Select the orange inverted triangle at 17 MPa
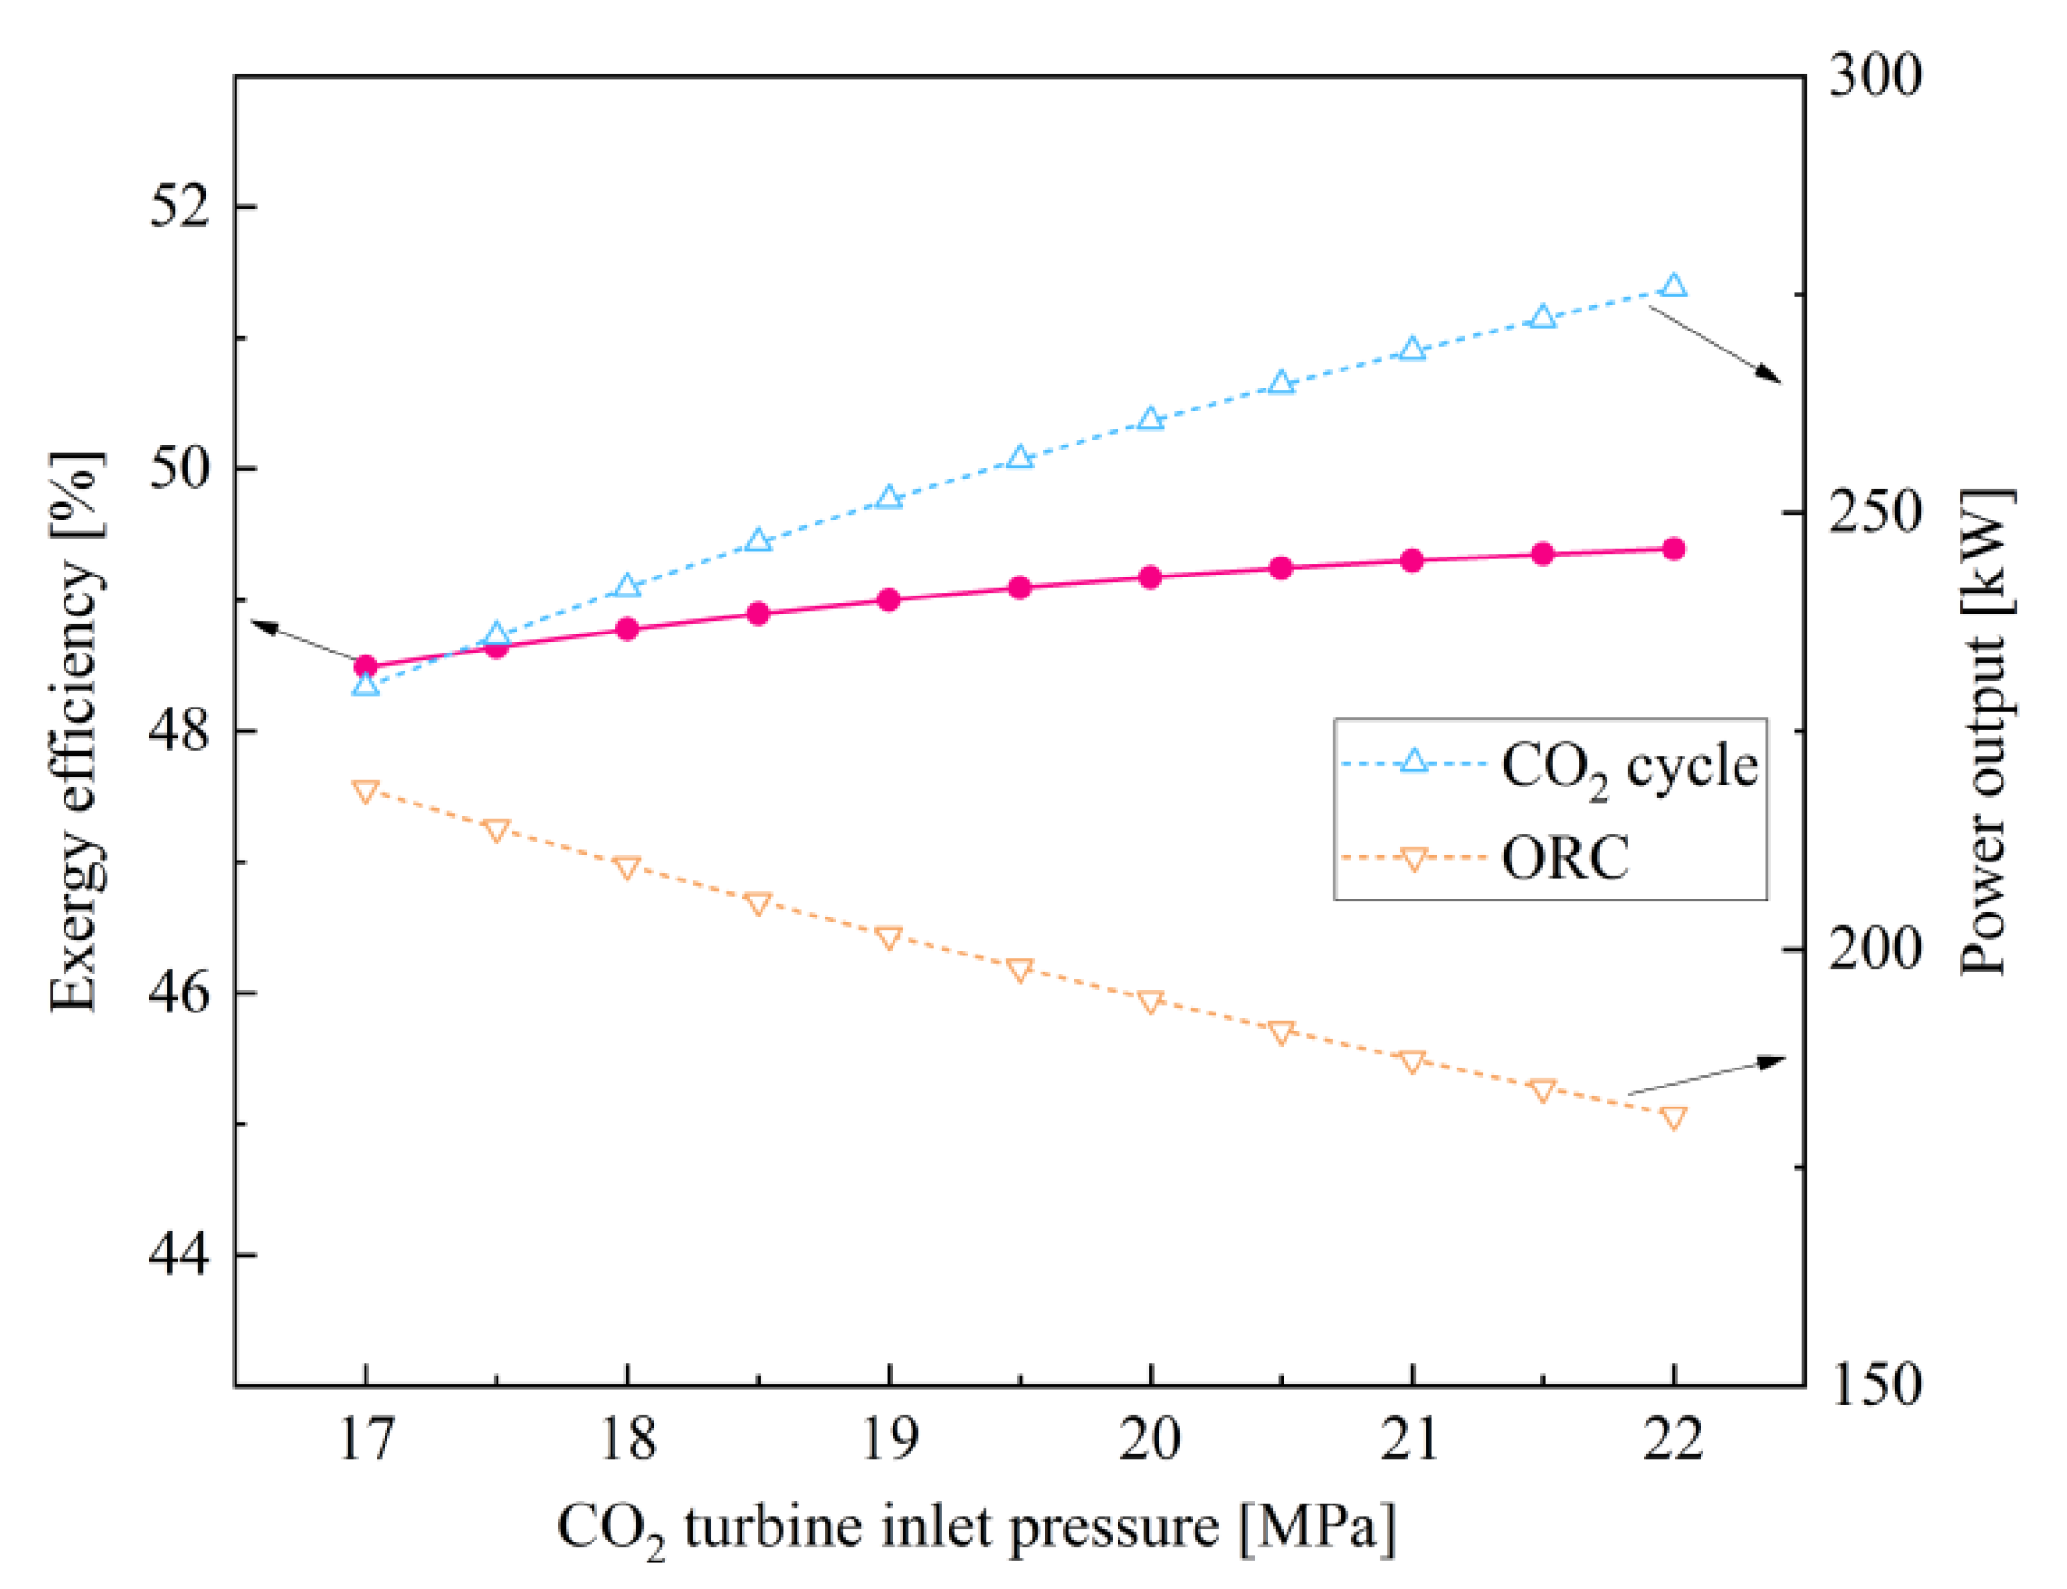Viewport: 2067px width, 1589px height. [366, 790]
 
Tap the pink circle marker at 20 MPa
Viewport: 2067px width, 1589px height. [1150, 577]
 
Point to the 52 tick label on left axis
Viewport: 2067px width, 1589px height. [178, 206]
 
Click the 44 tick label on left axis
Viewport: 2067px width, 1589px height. [178, 1256]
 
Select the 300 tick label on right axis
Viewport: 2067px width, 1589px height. [1874, 76]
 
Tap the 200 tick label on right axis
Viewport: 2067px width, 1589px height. [1874, 950]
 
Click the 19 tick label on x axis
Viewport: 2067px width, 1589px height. [889, 1440]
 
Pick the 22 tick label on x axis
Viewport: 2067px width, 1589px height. [1673, 1440]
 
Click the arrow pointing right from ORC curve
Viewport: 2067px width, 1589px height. [1708, 1075]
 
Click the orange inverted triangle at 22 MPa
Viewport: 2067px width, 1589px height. [1674, 1117]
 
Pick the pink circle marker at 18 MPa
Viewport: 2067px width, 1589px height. [627, 629]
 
